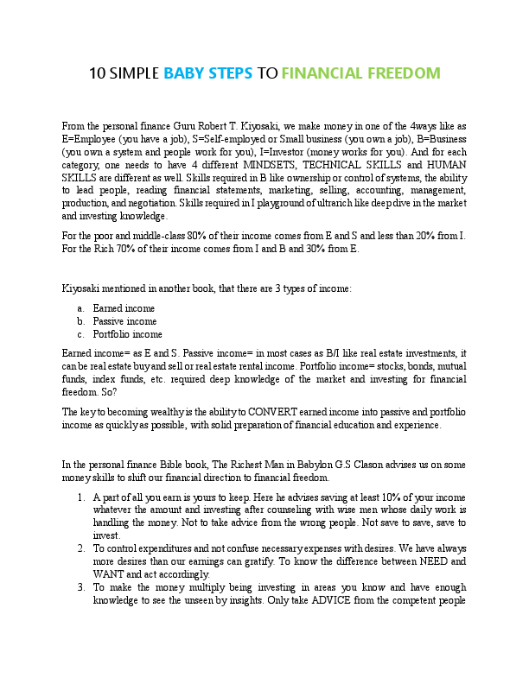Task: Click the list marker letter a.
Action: (80, 307)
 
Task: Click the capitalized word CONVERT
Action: (256, 412)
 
